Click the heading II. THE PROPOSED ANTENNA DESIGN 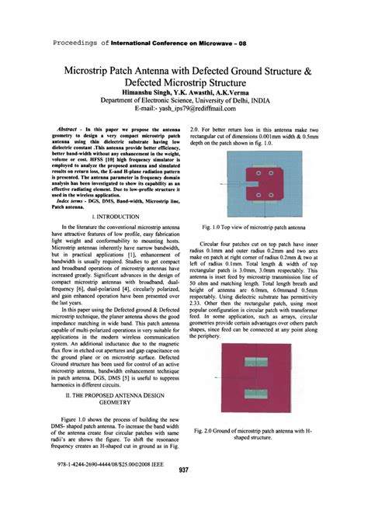pos(114,394)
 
